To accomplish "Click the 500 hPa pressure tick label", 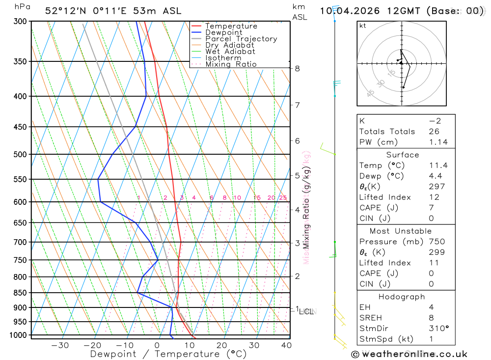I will [x=21, y=154].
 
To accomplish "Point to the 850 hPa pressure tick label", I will [x=21, y=293].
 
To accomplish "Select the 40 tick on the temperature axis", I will [x=286, y=345].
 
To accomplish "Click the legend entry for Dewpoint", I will [x=223, y=32].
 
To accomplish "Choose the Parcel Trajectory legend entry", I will [x=241, y=39].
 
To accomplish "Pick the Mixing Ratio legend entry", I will [x=231, y=64].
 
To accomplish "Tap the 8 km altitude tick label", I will [x=298, y=69].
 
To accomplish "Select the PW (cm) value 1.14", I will [x=438, y=142].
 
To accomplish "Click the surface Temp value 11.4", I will [x=438, y=166].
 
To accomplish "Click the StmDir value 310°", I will [x=438, y=329].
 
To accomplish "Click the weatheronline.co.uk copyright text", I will [x=409, y=354].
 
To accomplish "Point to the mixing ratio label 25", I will [x=283, y=198].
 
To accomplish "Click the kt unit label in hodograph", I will [x=363, y=26].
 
